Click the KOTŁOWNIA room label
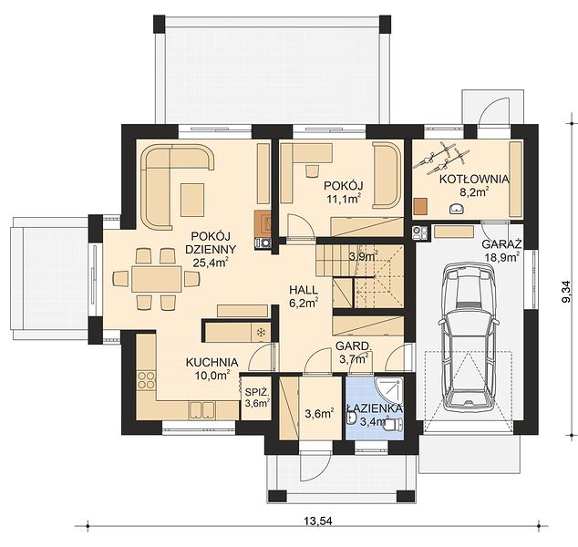click(474, 180)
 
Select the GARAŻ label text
click(501, 244)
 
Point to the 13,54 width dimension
click(318, 521)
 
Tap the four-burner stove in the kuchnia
click(146, 380)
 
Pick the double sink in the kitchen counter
click(202, 410)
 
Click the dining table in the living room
click(157, 279)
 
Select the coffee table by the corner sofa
click(192, 200)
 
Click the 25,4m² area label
click(210, 262)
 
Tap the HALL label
click(304, 290)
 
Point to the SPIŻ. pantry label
click(256, 391)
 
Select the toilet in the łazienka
click(394, 425)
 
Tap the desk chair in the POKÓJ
click(312, 171)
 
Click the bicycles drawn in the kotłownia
click(441, 158)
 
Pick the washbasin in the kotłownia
click(457, 209)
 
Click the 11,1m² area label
click(343, 199)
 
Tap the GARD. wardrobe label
click(353, 346)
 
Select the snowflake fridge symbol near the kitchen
click(261, 333)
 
